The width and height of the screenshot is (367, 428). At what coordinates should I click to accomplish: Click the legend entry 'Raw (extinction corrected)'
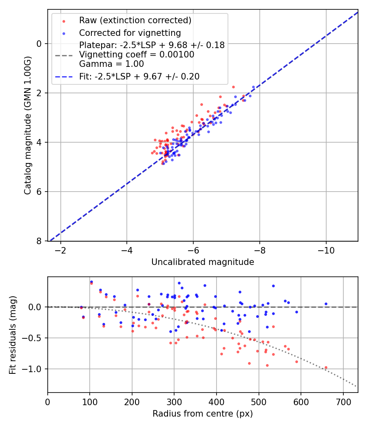tap(135, 20)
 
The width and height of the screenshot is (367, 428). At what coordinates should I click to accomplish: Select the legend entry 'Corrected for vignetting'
tap(130, 33)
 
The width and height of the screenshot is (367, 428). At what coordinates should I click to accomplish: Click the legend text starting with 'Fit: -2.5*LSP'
tap(139, 76)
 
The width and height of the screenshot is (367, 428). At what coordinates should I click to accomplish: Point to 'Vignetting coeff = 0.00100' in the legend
tap(137, 55)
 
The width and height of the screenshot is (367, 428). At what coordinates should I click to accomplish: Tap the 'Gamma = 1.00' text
tap(111, 64)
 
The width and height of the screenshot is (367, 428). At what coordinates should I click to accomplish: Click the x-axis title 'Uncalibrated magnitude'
tap(203, 262)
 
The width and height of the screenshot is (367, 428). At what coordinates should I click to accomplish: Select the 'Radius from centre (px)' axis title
tap(203, 414)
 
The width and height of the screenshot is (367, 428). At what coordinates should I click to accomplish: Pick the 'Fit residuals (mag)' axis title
tap(13, 335)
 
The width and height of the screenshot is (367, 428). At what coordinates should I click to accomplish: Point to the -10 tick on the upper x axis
tap(326, 249)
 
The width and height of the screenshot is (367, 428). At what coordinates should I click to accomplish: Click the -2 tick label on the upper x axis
tap(61, 249)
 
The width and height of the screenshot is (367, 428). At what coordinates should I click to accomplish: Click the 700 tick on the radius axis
tap(343, 401)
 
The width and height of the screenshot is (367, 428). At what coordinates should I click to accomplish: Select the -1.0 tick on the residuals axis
tap(34, 369)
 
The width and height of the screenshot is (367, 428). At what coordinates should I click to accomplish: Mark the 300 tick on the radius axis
tap(174, 401)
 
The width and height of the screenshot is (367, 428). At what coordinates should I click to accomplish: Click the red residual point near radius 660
tap(326, 367)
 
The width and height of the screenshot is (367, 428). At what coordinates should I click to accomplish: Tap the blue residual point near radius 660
tap(326, 304)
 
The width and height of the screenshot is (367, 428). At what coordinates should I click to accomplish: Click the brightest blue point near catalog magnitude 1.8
tap(253, 87)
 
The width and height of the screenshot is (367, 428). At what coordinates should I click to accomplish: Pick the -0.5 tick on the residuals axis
tap(34, 338)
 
